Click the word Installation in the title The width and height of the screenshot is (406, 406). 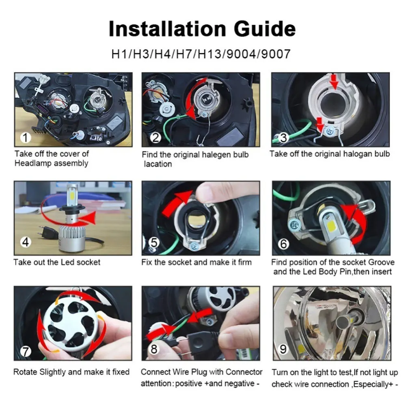click(x=168, y=28)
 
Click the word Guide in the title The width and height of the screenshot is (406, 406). click(x=265, y=28)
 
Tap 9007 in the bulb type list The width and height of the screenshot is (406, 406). click(x=276, y=54)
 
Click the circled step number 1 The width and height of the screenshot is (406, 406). click(x=26, y=138)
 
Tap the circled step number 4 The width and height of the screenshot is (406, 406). click(x=26, y=242)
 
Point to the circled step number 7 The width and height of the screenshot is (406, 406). click(x=26, y=351)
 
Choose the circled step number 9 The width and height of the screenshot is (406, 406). click(x=283, y=349)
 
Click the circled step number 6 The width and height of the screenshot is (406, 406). click(x=283, y=244)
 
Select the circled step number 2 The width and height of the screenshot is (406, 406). click(x=155, y=138)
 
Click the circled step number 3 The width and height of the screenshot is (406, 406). click(x=283, y=138)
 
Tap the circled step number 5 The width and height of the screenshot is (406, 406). click(x=154, y=243)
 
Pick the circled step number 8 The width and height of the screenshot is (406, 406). click(x=154, y=349)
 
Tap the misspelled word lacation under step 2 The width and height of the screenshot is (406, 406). click(x=158, y=164)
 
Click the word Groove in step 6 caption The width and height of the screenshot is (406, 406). click(x=381, y=262)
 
